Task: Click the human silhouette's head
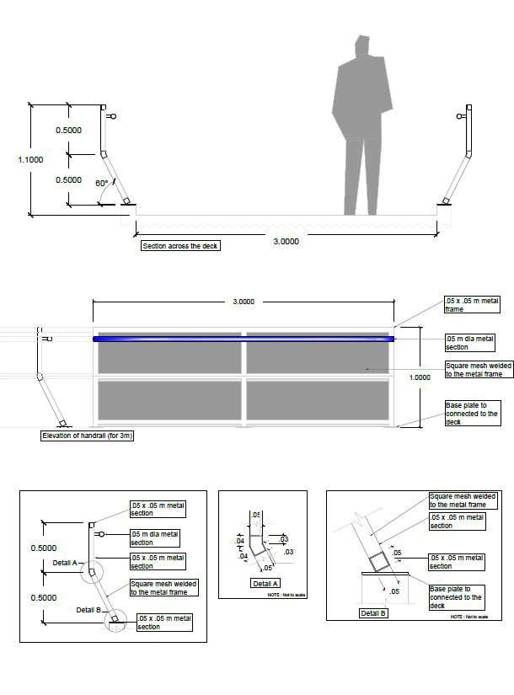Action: tap(363, 49)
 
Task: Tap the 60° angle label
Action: tap(102, 183)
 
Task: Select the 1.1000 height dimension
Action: tap(30, 159)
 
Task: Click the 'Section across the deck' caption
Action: tap(180, 246)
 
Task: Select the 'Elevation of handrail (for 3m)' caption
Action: tap(88, 436)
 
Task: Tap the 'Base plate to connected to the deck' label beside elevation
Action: tap(471, 414)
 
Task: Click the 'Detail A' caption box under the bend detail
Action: tap(266, 583)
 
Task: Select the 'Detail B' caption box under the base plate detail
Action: tap(373, 612)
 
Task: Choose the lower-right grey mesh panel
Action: tap(318, 401)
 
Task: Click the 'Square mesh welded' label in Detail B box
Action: tap(458, 500)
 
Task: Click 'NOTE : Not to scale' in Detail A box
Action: tap(287, 596)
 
